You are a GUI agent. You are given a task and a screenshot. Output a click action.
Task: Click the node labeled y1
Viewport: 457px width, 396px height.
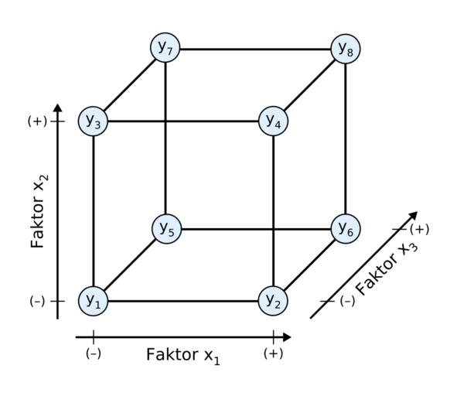click(x=94, y=301)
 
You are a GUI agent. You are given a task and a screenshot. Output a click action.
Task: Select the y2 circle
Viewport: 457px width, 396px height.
click(x=273, y=301)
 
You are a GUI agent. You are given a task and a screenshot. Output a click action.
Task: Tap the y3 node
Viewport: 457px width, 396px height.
click(x=94, y=121)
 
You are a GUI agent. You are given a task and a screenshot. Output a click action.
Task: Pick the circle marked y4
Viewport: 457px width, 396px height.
click(x=273, y=121)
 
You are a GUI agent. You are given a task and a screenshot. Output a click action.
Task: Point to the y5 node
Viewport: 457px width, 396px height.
click(x=167, y=229)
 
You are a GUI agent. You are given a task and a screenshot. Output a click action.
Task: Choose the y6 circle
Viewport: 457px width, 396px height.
click(x=346, y=229)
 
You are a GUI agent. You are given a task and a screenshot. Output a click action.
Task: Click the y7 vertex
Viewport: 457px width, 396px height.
click(x=165, y=47)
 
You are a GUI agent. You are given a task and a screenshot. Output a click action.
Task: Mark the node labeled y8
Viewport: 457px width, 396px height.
click(x=346, y=49)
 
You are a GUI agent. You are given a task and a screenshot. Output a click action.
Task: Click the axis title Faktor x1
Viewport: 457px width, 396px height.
click(x=182, y=356)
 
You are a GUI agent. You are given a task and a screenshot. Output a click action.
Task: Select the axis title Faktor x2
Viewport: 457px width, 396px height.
click(x=39, y=211)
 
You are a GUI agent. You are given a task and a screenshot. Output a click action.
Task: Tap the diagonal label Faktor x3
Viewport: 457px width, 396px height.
click(x=387, y=269)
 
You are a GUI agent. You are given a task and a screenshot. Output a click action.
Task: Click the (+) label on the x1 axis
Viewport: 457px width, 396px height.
click(x=273, y=353)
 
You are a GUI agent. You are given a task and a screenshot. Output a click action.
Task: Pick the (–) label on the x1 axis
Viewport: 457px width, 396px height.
click(x=94, y=353)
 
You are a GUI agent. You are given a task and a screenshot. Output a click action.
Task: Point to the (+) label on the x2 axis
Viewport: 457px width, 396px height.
click(x=37, y=121)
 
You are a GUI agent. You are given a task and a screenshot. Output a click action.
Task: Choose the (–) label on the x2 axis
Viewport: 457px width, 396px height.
click(x=37, y=301)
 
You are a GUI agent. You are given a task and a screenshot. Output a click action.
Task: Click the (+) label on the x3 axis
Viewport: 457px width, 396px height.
click(x=419, y=230)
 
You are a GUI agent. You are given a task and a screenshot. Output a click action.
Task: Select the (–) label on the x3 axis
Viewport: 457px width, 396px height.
click(x=347, y=301)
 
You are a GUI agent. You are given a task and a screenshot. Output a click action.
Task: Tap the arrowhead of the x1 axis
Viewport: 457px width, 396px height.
click(x=287, y=337)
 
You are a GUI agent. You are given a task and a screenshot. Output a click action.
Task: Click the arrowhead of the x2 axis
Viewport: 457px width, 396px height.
click(x=58, y=108)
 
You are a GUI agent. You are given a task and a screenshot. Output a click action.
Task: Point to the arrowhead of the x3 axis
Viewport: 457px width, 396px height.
click(x=413, y=216)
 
